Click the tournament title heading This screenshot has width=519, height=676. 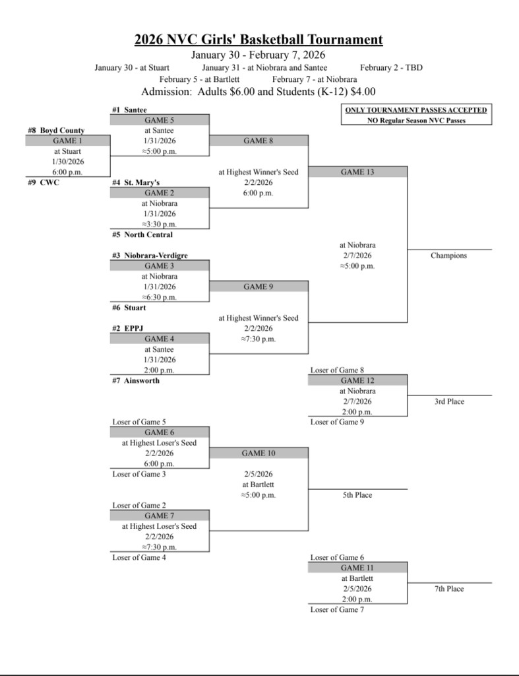259,40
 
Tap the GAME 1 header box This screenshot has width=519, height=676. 68,141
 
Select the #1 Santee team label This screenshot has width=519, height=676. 129,110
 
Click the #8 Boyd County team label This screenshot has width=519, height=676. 56,131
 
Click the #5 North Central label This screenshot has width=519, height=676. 142,234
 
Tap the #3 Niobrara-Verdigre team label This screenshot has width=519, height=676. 150,255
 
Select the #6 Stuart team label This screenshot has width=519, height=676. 129,307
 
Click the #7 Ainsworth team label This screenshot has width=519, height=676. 136,380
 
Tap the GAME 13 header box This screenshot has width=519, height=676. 357,172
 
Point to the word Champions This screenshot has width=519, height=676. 448,255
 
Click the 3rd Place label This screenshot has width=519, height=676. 449,401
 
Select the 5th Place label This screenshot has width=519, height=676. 357,494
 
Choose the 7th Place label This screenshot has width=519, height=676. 449,589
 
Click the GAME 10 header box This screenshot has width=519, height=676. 259,454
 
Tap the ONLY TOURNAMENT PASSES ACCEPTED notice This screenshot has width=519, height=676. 416,110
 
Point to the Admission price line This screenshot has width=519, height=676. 259,92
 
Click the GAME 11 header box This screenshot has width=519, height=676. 357,568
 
